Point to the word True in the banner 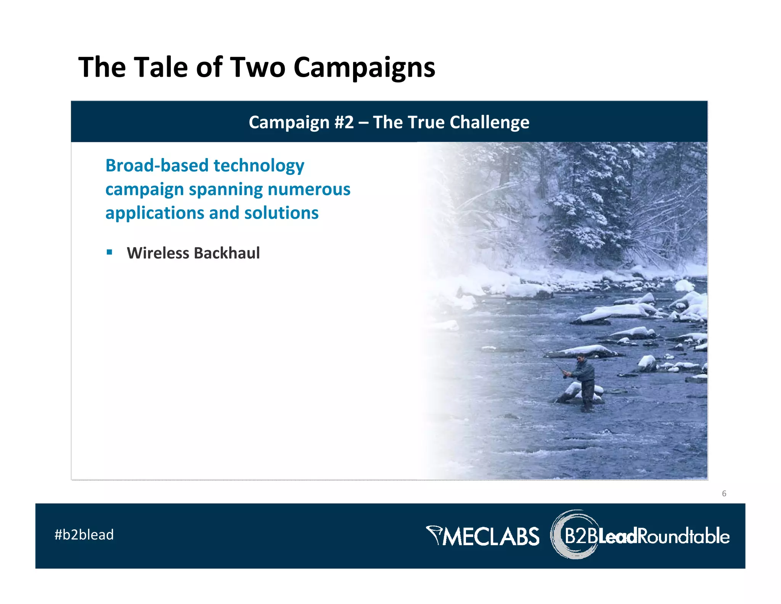point(426,122)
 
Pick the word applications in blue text point(154,213)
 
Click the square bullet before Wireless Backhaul point(109,252)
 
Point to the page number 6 point(724,494)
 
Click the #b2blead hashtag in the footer point(84,535)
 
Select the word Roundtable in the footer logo point(683,536)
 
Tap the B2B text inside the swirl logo point(580,536)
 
